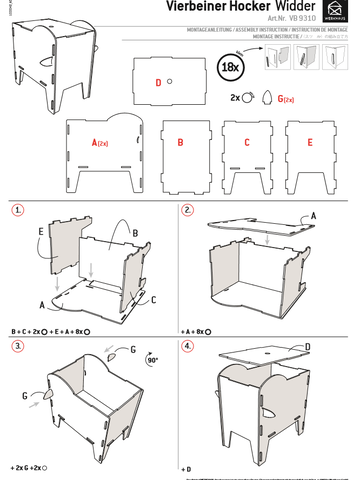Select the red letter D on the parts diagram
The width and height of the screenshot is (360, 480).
click(158, 82)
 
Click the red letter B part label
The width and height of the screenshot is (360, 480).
click(180, 144)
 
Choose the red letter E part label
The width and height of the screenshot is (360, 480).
click(309, 144)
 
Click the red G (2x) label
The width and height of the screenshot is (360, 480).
click(284, 99)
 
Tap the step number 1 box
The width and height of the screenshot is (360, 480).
click(17, 211)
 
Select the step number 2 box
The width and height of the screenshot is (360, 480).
click(187, 211)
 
